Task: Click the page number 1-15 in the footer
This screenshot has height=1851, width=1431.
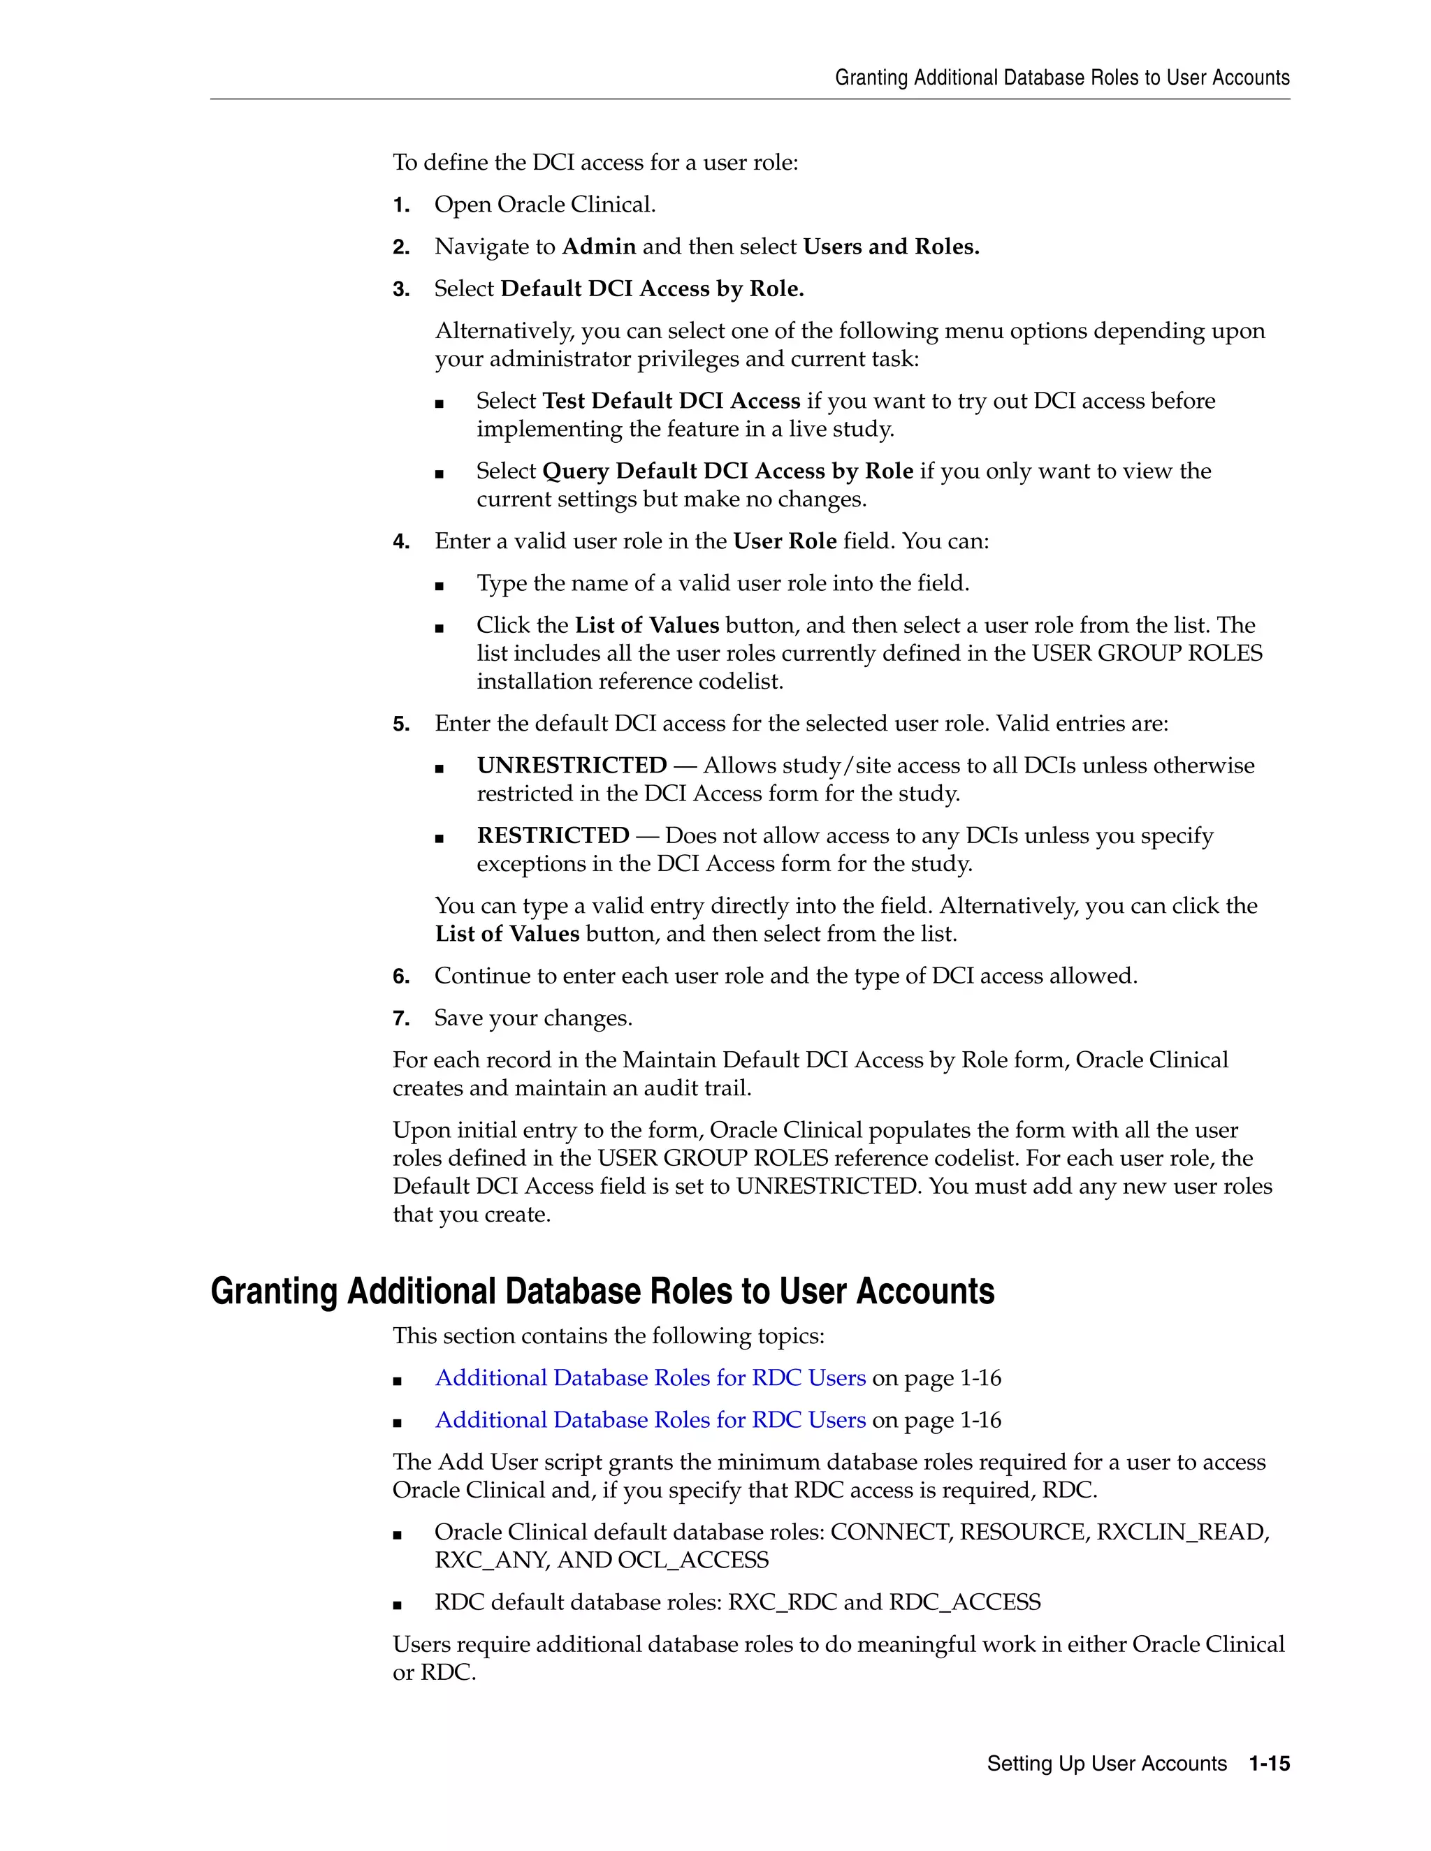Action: tap(1269, 1764)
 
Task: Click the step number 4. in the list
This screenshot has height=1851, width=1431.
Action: tap(401, 541)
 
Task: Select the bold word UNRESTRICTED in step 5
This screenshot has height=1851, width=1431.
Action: tap(572, 766)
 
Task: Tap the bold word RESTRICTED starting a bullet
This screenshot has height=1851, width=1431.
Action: tap(553, 835)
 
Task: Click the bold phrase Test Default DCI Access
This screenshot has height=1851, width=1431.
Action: tap(671, 401)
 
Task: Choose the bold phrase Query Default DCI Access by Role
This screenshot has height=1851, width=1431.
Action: tap(727, 471)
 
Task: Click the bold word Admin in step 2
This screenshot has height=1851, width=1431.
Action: tap(599, 247)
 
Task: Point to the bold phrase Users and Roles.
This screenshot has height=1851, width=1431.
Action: tap(891, 247)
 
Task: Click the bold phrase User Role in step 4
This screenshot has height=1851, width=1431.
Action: tap(784, 541)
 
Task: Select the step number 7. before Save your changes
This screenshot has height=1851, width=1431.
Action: tap(401, 1018)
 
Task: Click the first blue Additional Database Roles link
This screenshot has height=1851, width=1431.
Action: tap(651, 1378)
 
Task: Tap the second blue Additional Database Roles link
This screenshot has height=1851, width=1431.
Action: tap(651, 1421)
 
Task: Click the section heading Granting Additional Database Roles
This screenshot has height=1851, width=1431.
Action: tap(602, 1292)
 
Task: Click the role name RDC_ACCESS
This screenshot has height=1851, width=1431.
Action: tap(964, 1602)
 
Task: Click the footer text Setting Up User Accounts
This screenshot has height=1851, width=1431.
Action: tap(1106, 1764)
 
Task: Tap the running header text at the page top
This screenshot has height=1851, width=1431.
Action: tap(1061, 78)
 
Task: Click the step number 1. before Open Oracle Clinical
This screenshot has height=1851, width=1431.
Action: tap(401, 205)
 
